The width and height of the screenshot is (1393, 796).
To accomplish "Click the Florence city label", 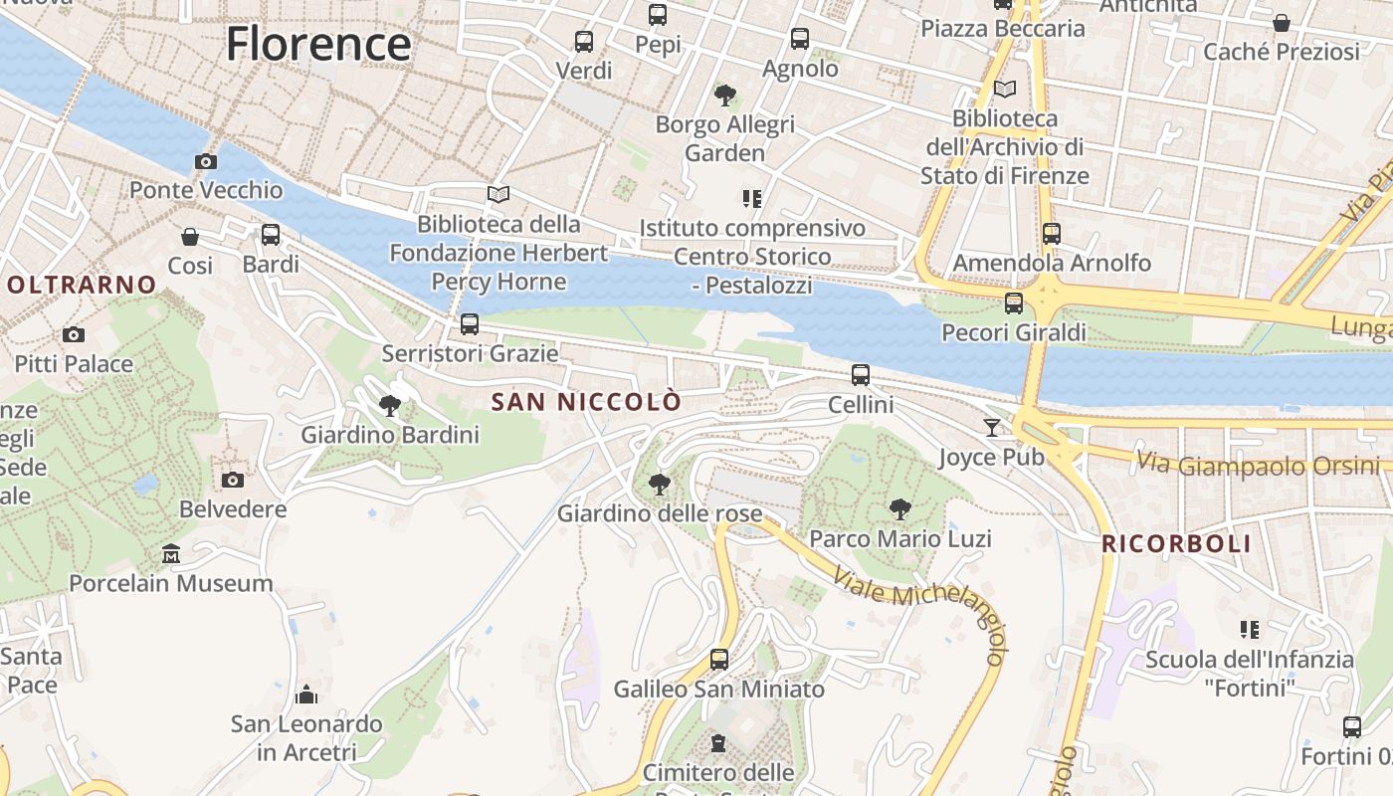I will click(x=317, y=45).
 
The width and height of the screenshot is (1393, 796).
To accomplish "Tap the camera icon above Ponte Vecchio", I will click(x=206, y=161).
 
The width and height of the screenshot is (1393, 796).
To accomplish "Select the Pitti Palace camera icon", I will click(x=73, y=335).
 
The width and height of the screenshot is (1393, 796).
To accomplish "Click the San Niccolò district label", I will click(x=587, y=402).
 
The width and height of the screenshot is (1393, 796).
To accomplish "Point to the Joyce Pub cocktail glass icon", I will click(x=991, y=428).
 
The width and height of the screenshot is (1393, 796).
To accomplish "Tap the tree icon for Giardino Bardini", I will click(x=390, y=406).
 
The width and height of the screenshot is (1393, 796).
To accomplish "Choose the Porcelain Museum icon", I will click(x=171, y=553).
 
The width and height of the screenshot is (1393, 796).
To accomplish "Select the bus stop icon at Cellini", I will click(x=861, y=375).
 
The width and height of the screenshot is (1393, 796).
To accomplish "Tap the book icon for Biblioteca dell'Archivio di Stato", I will click(x=1005, y=90).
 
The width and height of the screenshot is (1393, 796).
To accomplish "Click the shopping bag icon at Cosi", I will click(x=190, y=237).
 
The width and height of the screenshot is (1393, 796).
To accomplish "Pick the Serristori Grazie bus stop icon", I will click(x=470, y=324).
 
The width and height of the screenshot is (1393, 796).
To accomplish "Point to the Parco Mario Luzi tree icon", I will click(x=899, y=509).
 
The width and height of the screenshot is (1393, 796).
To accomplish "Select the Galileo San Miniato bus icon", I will click(x=718, y=659).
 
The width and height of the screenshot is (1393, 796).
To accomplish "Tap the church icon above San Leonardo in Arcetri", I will click(x=306, y=694).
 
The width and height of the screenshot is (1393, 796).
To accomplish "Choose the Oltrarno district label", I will click(x=81, y=285).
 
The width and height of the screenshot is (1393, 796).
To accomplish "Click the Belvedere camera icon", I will click(x=233, y=480).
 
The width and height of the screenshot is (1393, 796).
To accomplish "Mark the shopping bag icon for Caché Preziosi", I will click(x=1282, y=23).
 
